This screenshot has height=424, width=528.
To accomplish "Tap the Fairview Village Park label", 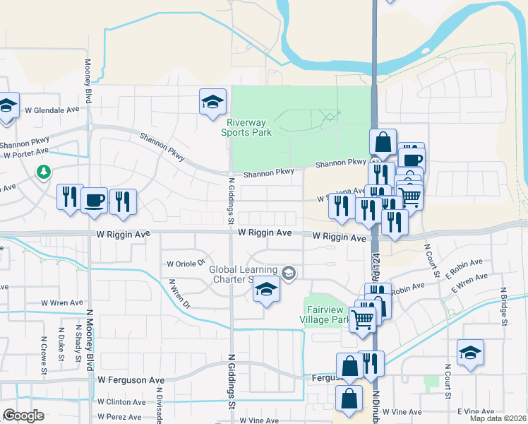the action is click(328, 314).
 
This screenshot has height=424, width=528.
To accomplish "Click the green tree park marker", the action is click(44, 172).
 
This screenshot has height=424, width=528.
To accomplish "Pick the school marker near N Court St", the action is click(470, 353).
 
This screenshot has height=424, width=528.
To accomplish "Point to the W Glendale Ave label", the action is click(52, 110).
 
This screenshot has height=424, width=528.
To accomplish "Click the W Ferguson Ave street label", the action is click(131, 380).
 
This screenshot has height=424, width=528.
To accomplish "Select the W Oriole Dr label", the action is click(185, 264).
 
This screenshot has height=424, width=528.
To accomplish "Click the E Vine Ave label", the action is click(476, 411).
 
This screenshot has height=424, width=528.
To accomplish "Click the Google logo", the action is click(24, 415).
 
